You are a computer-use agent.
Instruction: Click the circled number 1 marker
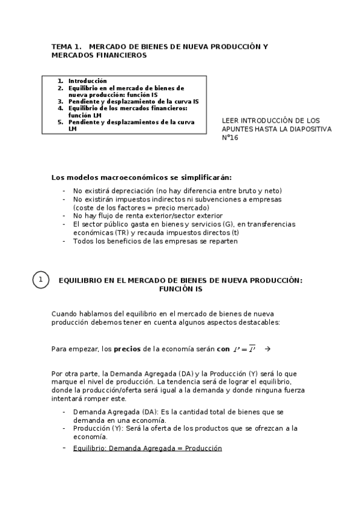point(40,280)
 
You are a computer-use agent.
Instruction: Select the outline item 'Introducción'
point(87,81)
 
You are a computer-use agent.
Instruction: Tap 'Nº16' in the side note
point(230,137)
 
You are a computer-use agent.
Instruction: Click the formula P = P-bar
point(244,349)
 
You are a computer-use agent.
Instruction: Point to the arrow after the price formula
point(267,349)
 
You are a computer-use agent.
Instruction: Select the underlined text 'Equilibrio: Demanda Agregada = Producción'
point(147,448)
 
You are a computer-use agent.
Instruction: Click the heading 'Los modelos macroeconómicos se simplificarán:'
point(141,177)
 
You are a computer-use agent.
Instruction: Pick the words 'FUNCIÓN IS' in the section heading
point(180,289)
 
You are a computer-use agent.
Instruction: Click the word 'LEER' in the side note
point(230,120)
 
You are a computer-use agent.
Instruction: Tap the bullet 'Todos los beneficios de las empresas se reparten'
point(156,241)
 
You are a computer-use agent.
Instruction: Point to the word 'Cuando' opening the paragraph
point(64,314)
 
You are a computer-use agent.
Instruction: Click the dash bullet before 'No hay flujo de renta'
point(64,215)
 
